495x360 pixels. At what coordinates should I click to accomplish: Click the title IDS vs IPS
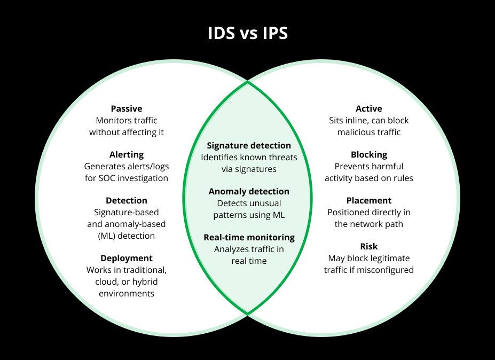click(x=247, y=33)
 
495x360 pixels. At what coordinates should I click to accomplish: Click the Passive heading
click(x=127, y=108)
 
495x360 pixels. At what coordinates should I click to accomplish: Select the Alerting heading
click(x=127, y=154)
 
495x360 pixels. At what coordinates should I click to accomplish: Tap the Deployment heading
click(x=127, y=258)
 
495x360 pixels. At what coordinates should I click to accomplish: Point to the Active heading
click(x=369, y=108)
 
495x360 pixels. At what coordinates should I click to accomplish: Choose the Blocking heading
click(x=369, y=154)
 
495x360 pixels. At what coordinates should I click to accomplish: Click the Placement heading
click(x=369, y=200)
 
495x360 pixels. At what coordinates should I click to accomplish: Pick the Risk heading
click(x=369, y=246)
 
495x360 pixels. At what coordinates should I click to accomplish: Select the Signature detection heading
click(x=249, y=145)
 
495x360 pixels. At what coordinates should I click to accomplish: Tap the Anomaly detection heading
click(x=249, y=191)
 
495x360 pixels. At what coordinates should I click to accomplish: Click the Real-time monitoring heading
click(x=249, y=237)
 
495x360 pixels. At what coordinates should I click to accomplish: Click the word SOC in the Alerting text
click(x=104, y=178)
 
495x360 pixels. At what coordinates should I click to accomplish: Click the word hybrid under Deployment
click(x=144, y=281)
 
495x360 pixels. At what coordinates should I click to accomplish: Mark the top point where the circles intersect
click(x=248, y=82)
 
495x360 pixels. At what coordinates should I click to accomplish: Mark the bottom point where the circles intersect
click(x=248, y=315)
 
